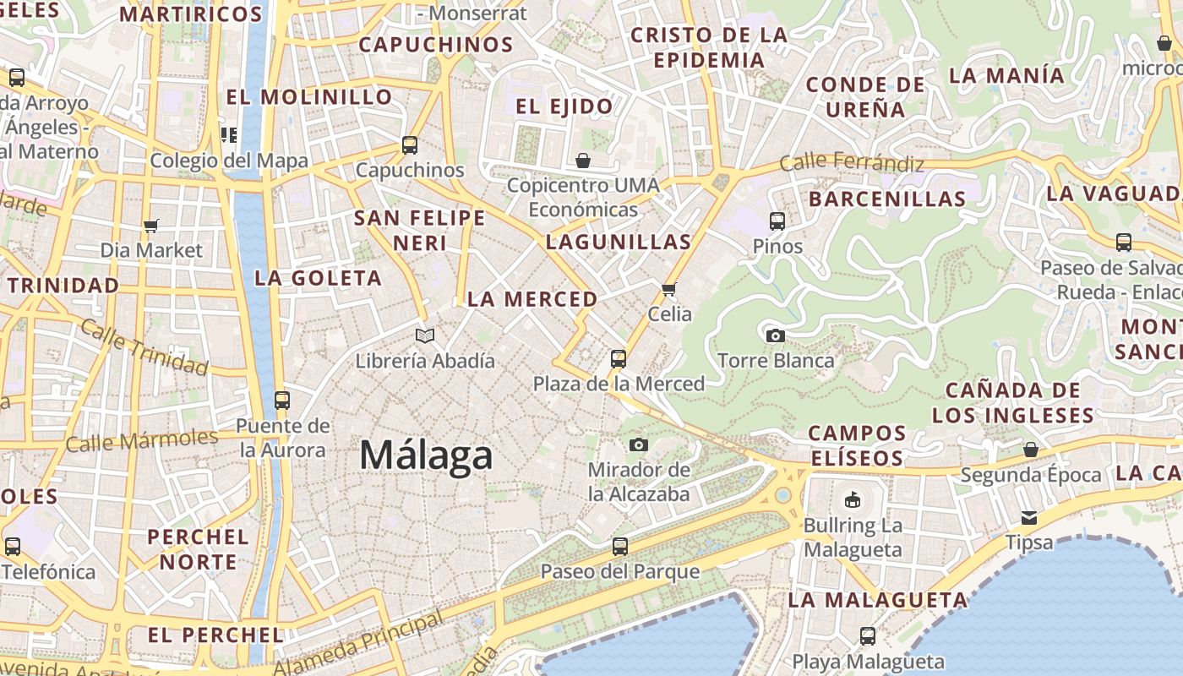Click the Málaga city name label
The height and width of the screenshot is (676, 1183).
point(426,455)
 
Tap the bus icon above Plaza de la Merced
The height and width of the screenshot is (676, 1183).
point(619,359)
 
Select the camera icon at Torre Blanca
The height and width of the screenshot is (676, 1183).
point(775,335)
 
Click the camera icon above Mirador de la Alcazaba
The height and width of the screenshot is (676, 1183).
point(639,444)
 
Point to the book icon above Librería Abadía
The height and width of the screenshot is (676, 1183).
point(425,335)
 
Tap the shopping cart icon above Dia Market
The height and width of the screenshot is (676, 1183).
point(151,226)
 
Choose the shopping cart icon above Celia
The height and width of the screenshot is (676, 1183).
point(669,290)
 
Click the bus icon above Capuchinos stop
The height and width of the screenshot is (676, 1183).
point(410,144)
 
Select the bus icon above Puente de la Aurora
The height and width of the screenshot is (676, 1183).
point(282,400)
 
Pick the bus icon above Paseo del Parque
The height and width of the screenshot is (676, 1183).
point(620,547)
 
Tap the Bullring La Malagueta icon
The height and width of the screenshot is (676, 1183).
point(853,499)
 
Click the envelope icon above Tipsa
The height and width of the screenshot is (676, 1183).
point(1029,517)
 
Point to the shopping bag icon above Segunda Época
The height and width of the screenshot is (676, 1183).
point(1030,450)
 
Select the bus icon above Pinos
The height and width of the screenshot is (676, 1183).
point(777,221)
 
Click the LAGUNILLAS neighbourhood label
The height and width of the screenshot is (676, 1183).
point(619,242)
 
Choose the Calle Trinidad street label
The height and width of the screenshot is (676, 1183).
point(144,348)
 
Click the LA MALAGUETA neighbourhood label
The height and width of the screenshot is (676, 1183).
point(878,600)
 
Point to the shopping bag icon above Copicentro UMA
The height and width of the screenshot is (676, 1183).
point(583,161)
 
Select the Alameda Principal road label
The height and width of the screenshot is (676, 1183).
point(359,644)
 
